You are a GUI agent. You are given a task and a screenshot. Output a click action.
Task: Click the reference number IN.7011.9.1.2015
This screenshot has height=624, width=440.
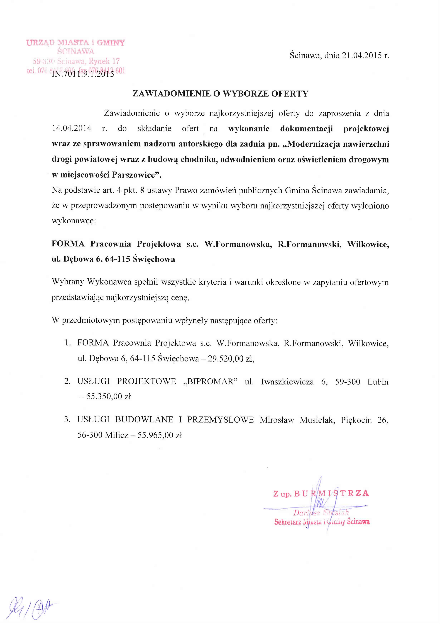click(x=83, y=74)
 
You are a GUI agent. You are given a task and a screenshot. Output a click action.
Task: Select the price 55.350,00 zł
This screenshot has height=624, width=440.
click(x=109, y=397)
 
